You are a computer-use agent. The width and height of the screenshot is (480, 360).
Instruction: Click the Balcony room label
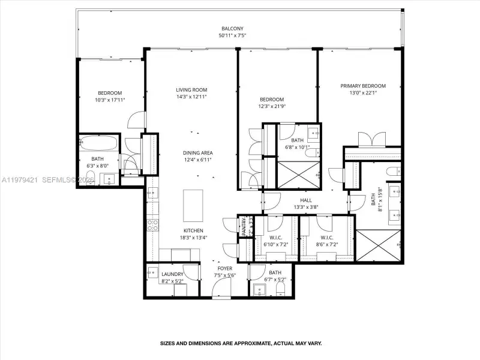click(231, 28)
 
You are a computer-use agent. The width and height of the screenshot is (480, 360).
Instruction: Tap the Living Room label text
click(191, 90)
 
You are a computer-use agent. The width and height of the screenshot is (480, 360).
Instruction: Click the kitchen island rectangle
click(193, 206)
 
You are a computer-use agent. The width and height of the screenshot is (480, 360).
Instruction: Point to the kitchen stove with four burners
click(153, 225)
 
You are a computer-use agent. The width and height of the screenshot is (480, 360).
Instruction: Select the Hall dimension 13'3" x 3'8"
click(306, 208)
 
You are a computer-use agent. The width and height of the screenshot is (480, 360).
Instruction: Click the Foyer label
click(225, 268)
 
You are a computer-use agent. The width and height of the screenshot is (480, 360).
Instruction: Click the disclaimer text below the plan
click(241, 344)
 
